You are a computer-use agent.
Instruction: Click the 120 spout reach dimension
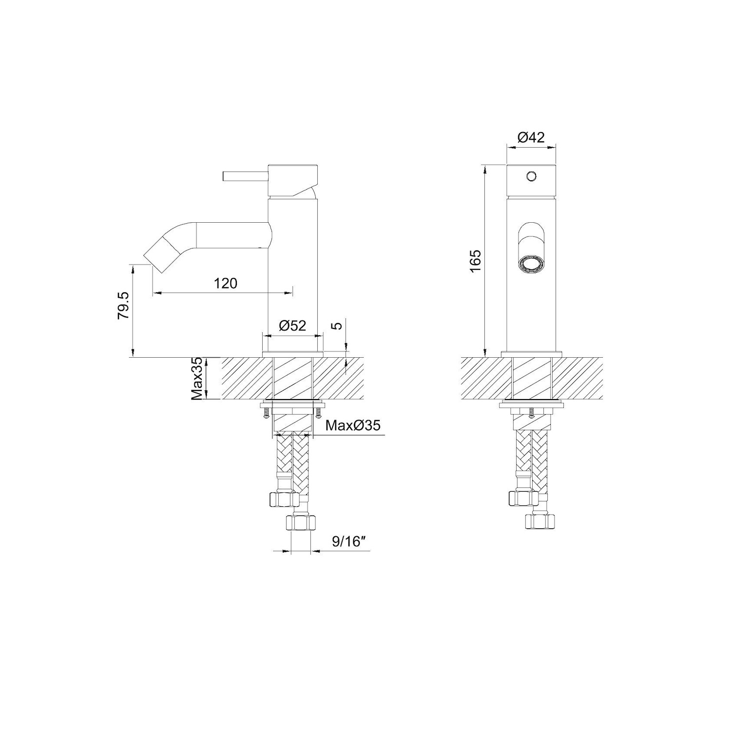(226, 283)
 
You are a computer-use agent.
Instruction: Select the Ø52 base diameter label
(292, 325)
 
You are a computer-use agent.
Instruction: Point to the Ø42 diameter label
(531, 137)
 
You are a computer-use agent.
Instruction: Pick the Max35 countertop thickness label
(197, 379)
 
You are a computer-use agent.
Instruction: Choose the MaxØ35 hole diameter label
(353, 425)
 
